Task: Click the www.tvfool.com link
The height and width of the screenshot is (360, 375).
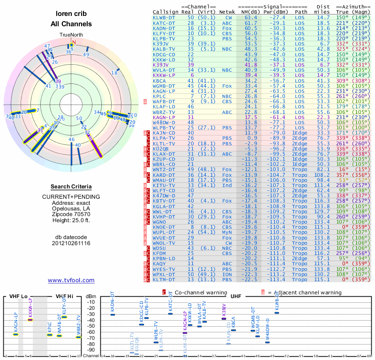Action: tap(71, 280)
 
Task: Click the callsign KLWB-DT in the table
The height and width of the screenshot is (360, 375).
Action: tap(164, 17)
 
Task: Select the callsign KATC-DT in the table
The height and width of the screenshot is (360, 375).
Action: tap(164, 22)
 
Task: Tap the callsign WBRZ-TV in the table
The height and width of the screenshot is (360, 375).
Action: tap(164, 112)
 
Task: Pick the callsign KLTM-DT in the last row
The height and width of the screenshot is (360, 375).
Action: tap(164, 279)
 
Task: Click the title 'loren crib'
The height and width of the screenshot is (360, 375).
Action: tap(71, 14)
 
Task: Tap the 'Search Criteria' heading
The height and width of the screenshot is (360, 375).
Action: tap(71, 187)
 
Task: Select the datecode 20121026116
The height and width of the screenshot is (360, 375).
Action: tap(71, 243)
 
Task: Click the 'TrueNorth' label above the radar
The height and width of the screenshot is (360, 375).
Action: tap(71, 35)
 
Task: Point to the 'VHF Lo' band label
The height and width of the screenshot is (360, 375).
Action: tap(17, 296)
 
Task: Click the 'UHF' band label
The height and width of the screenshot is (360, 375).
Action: tap(236, 296)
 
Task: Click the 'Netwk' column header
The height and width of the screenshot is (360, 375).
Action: tap(227, 12)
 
